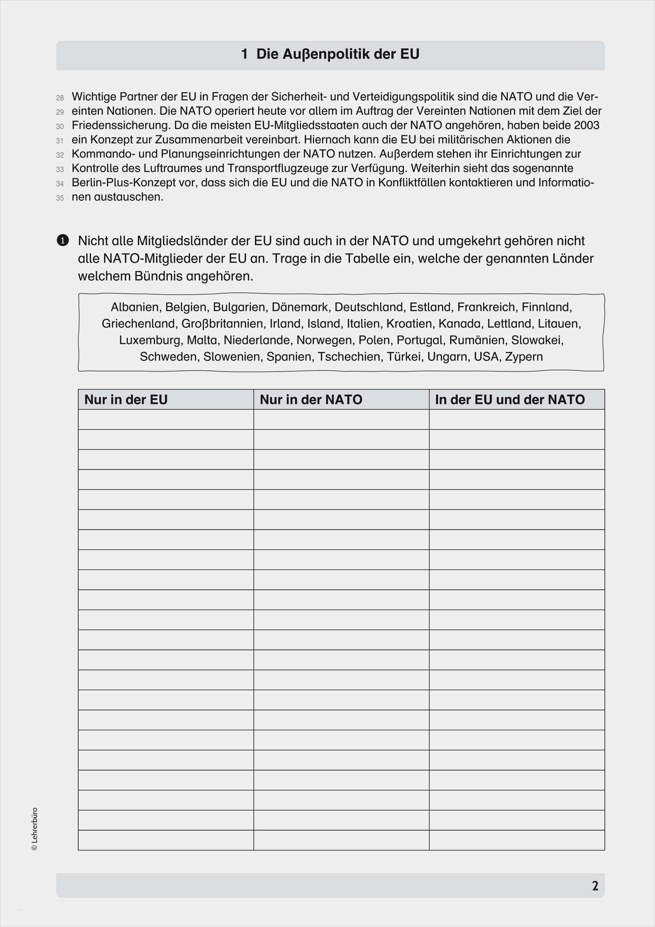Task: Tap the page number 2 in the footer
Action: [595, 886]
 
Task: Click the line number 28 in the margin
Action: [60, 98]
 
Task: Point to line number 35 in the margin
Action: [60, 198]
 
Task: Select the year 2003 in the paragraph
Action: [586, 125]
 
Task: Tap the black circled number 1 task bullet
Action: [63, 241]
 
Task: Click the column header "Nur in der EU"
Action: [125, 399]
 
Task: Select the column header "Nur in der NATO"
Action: [311, 399]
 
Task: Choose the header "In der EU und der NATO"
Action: [510, 399]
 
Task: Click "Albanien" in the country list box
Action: [135, 307]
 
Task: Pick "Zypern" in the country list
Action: [523, 357]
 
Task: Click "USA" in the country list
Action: [486, 357]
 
